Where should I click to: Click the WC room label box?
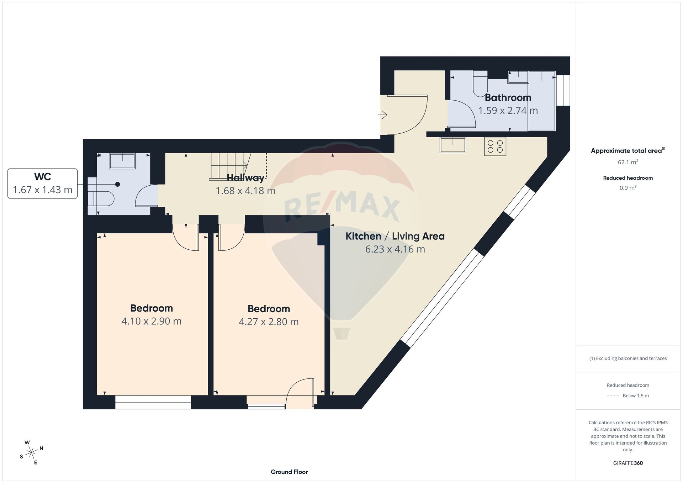(43, 184)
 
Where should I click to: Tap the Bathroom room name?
(508, 97)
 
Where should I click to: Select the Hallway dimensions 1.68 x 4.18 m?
(245, 191)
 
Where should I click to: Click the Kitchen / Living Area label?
(395, 236)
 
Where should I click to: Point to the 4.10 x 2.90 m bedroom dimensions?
(152, 321)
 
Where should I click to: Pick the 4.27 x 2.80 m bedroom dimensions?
(269, 322)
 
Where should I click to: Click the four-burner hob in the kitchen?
(495, 146)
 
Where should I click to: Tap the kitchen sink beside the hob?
(453, 145)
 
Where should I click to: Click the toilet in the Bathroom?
(480, 83)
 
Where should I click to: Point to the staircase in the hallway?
(231, 166)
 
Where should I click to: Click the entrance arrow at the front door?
(382, 115)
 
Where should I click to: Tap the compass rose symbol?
(32, 452)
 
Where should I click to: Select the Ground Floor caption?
(289, 472)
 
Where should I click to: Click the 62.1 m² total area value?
(628, 162)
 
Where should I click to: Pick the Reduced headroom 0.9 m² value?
(628, 188)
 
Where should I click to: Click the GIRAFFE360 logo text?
(628, 463)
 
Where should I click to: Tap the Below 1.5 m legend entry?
(636, 396)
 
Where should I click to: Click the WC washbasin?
(122, 161)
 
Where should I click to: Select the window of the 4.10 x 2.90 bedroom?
(153, 402)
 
